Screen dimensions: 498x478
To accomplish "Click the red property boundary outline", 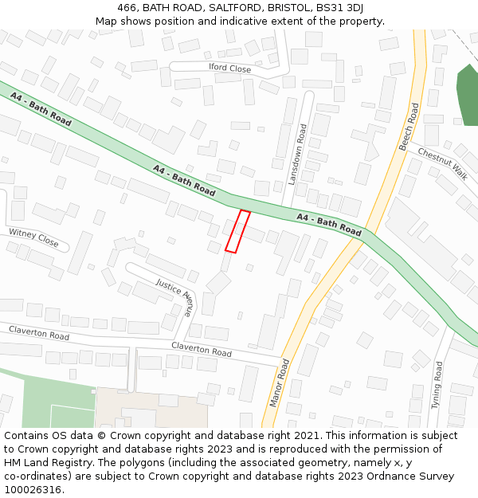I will [x=237, y=232].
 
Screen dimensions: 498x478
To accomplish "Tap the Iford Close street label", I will [x=229, y=69].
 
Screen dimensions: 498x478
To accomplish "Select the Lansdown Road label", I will [x=297, y=155].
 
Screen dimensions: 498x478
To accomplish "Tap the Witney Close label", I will [x=33, y=237].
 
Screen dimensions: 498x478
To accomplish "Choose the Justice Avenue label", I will [x=174, y=297].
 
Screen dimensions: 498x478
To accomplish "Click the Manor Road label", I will [x=280, y=382].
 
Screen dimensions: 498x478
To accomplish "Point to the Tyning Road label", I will [x=437, y=385].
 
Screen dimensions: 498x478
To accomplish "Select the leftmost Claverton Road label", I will [x=39, y=332].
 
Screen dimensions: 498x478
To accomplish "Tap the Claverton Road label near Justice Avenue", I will [x=202, y=349].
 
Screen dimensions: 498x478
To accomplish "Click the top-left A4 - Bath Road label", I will [x=41, y=109].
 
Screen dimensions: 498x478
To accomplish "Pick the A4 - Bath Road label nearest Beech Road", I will [x=329, y=224].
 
